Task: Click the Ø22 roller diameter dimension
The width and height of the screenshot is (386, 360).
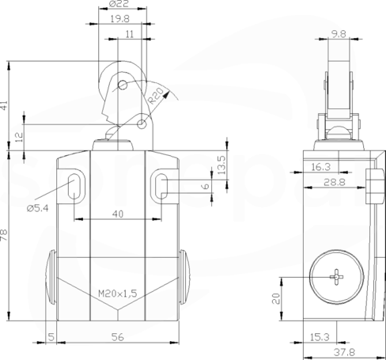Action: pyautogui.click(x=119, y=4)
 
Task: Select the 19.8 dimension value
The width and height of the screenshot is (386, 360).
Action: pyautogui.click(x=120, y=19)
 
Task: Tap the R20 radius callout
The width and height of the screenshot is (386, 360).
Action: pyautogui.click(x=156, y=96)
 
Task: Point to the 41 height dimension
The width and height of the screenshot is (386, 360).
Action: pyautogui.click(x=4, y=105)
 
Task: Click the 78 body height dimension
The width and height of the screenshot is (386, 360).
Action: pyautogui.click(x=4, y=235)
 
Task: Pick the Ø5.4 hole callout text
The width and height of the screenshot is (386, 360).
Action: pyautogui.click(x=38, y=208)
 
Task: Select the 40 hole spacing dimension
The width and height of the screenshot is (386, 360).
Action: pyautogui.click(x=118, y=214)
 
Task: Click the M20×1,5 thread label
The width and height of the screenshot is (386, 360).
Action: pyautogui.click(x=118, y=294)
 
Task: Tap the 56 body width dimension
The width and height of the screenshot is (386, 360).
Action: pyautogui.click(x=118, y=337)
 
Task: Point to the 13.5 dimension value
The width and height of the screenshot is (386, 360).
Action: pyautogui.click(x=221, y=165)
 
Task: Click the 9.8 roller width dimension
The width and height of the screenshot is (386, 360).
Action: pyautogui.click(x=339, y=34)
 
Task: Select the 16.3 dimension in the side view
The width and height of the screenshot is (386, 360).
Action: pyautogui.click(x=321, y=167)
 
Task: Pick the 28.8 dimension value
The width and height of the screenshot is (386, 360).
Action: pyautogui.click(x=335, y=182)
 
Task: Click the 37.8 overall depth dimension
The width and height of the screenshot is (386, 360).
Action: pyautogui.click(x=344, y=352)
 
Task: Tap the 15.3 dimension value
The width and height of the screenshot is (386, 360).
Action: pyautogui.click(x=320, y=337)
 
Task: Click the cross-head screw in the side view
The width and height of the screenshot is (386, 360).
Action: pyautogui.click(x=337, y=277)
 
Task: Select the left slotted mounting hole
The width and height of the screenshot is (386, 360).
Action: pyautogui.click(x=74, y=186)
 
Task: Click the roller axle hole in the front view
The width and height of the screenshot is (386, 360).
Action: pyautogui.click(x=123, y=85)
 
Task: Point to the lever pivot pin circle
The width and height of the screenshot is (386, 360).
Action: pyautogui.click(x=142, y=123)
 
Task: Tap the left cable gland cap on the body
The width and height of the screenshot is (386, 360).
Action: pyautogui.click(x=51, y=277)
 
